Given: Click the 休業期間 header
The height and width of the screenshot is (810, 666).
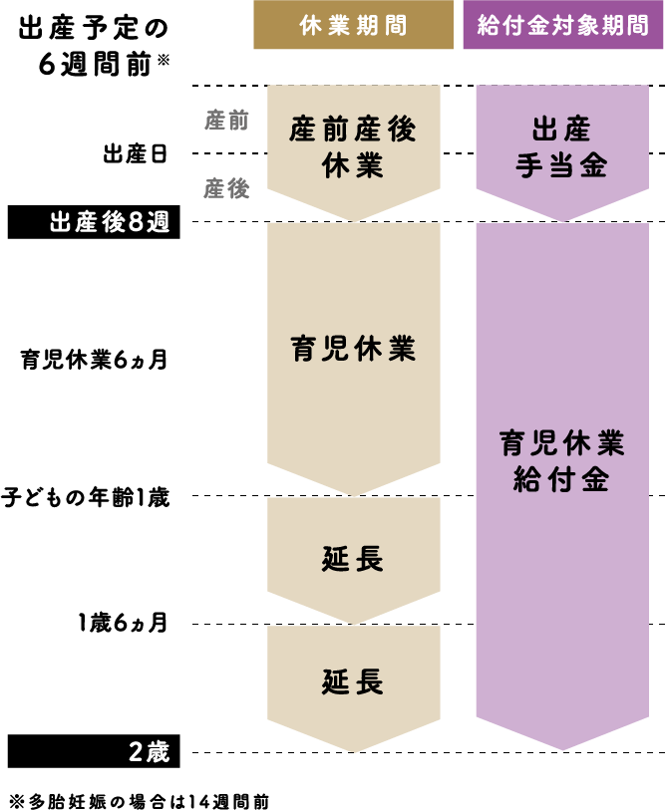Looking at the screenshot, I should [x=353, y=25].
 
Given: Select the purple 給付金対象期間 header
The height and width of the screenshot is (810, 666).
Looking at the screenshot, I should [x=562, y=25].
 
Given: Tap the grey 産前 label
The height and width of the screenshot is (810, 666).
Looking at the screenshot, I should [x=227, y=120].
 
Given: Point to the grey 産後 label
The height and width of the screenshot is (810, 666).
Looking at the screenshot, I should [x=227, y=188].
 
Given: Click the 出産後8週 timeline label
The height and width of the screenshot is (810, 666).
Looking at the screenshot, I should [x=110, y=222].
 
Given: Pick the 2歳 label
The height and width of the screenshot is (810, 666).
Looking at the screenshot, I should [x=150, y=752].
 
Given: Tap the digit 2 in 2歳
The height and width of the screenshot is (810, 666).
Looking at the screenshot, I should [x=136, y=752].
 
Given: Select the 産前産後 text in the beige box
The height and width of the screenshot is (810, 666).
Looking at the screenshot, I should [x=353, y=130].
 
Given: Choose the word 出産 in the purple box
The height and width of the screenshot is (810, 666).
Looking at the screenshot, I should [x=562, y=130].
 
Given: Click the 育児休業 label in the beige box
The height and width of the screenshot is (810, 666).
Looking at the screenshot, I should [x=353, y=349].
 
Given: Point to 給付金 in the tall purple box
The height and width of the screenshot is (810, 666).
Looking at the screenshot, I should [x=562, y=480].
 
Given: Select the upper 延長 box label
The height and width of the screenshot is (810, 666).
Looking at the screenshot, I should [x=353, y=559].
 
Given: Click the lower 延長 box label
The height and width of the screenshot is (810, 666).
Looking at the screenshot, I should [x=353, y=682].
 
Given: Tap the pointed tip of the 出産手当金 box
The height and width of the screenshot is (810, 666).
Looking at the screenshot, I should [x=562, y=219].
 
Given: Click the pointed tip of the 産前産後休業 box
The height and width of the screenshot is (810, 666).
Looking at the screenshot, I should [x=353, y=219].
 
